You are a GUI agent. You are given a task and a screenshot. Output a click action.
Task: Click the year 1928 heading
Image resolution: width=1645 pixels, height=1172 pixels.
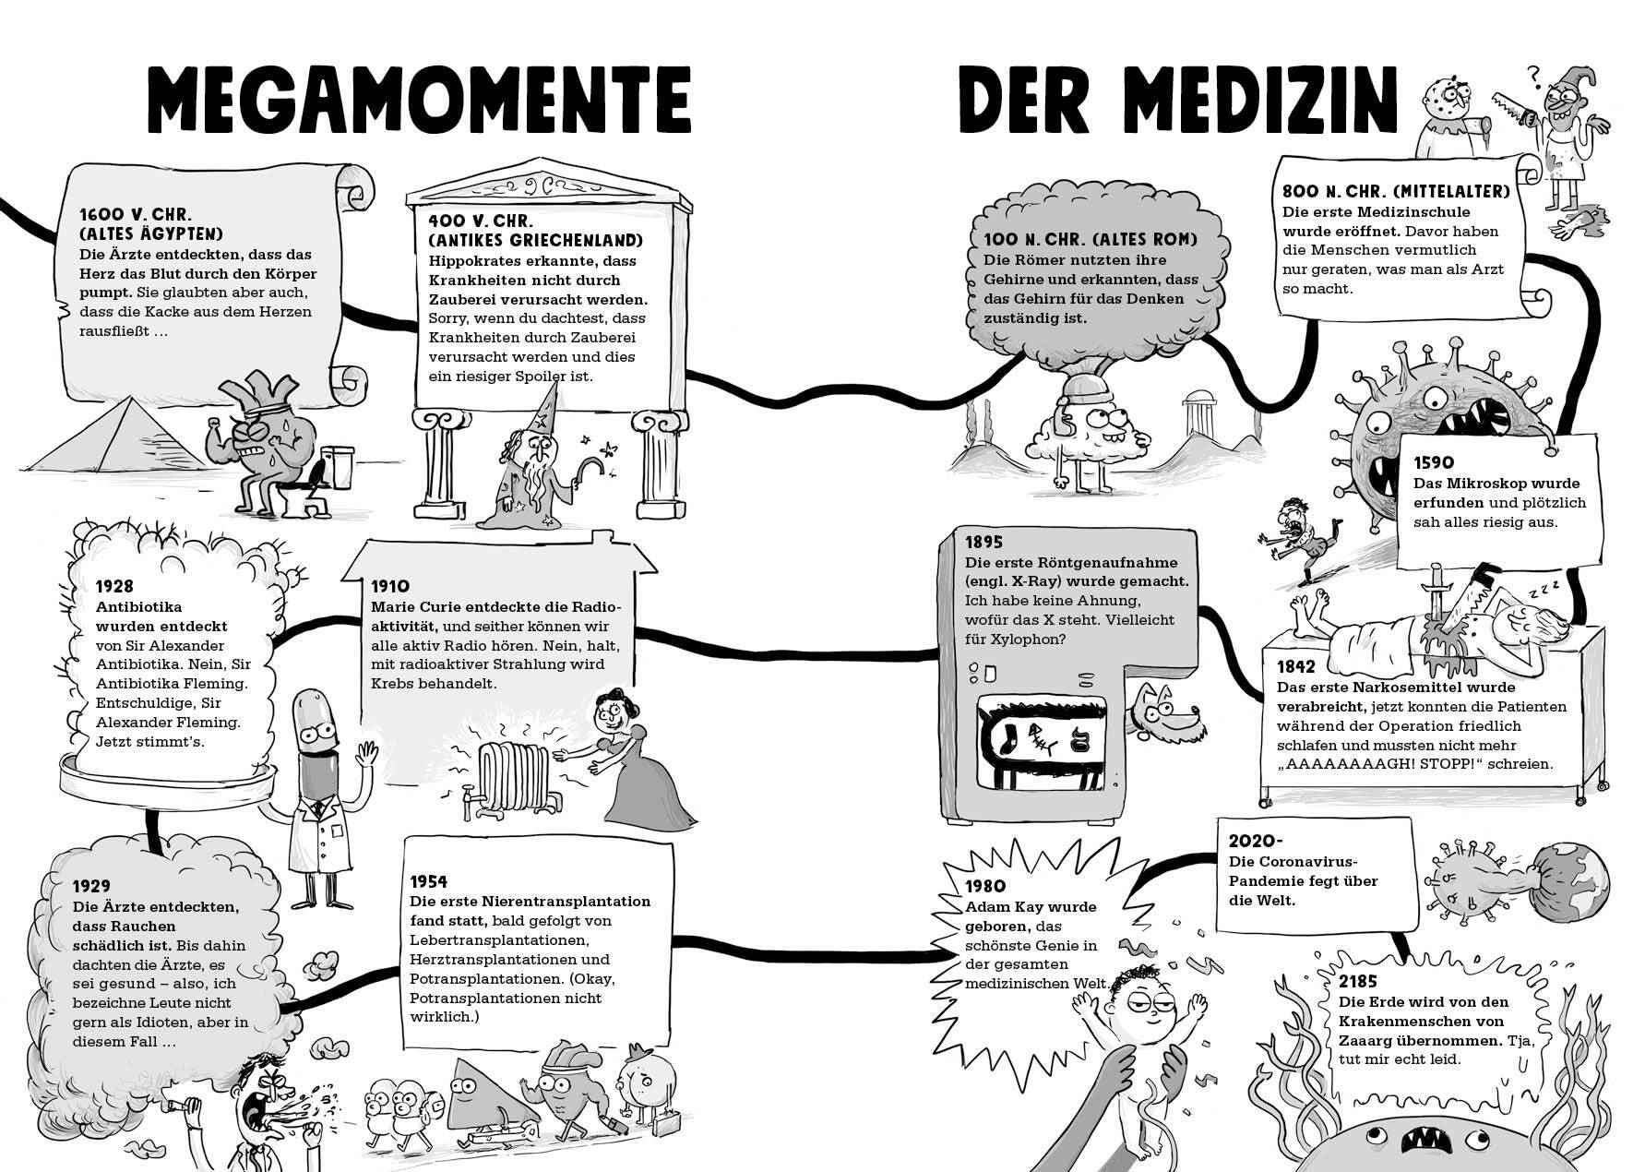coord(114,586)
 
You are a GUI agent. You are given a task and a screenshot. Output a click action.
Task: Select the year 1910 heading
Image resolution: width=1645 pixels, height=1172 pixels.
coord(390,586)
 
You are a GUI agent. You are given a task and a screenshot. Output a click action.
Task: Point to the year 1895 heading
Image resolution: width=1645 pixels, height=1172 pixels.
coord(983,542)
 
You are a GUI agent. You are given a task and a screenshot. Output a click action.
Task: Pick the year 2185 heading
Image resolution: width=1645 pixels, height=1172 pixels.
coord(1358,982)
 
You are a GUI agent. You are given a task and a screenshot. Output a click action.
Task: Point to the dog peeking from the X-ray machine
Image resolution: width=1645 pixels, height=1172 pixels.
coord(1165,712)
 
